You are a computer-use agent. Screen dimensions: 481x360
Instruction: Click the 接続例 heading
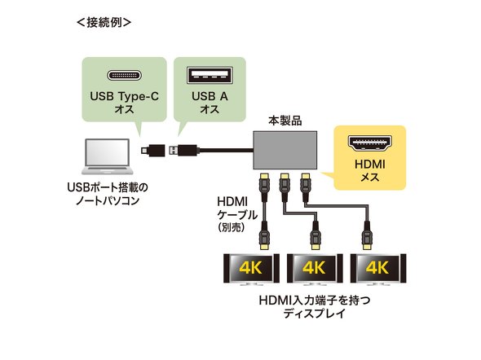104,22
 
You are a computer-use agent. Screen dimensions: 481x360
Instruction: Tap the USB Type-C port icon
124,75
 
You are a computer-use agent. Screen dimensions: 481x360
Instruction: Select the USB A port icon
210,75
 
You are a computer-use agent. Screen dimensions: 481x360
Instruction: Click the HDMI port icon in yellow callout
370,143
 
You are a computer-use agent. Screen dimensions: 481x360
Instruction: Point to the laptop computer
108,157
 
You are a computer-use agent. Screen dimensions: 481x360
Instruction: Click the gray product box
285,150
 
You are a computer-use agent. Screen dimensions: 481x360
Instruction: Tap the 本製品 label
285,121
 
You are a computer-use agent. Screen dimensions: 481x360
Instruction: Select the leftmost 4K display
251,269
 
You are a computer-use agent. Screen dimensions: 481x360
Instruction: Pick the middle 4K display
315,269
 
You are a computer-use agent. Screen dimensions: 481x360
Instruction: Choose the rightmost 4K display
378,269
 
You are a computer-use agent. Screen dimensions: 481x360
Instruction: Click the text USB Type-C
124,96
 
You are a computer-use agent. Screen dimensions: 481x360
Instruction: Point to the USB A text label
210,96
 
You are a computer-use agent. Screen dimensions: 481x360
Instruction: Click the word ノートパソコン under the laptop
108,201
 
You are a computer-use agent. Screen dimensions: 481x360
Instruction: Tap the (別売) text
232,227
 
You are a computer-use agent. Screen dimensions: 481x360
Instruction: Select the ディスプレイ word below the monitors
315,314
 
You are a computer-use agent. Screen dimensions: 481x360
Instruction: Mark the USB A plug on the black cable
184,150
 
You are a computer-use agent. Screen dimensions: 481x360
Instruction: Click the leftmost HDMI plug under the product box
264,187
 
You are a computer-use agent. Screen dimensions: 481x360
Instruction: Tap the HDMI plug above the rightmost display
367,235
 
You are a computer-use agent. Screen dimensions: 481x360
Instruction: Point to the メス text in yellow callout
370,178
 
